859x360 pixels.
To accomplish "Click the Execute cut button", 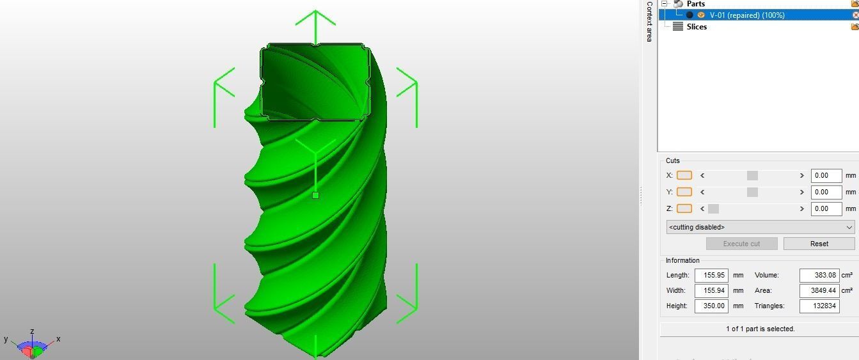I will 741,244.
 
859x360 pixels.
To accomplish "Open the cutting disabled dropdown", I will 760,227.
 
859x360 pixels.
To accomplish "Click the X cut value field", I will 826,175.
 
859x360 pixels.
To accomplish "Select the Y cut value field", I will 826,192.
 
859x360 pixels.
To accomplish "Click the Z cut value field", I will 826,208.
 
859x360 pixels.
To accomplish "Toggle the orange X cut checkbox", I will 684,175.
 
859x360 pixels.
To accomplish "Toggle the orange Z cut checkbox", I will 684,208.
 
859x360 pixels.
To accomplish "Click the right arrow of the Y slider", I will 801,192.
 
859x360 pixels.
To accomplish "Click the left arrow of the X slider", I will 702,175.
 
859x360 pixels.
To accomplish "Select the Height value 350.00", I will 711,306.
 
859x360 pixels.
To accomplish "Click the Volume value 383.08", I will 819,275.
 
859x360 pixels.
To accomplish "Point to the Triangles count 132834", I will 819,306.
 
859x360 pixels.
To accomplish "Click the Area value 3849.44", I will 819,290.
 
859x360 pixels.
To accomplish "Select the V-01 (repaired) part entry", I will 746,15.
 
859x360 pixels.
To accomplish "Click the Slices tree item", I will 697,27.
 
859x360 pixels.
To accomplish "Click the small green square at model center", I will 315,196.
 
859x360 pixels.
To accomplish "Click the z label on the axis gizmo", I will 32,332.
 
